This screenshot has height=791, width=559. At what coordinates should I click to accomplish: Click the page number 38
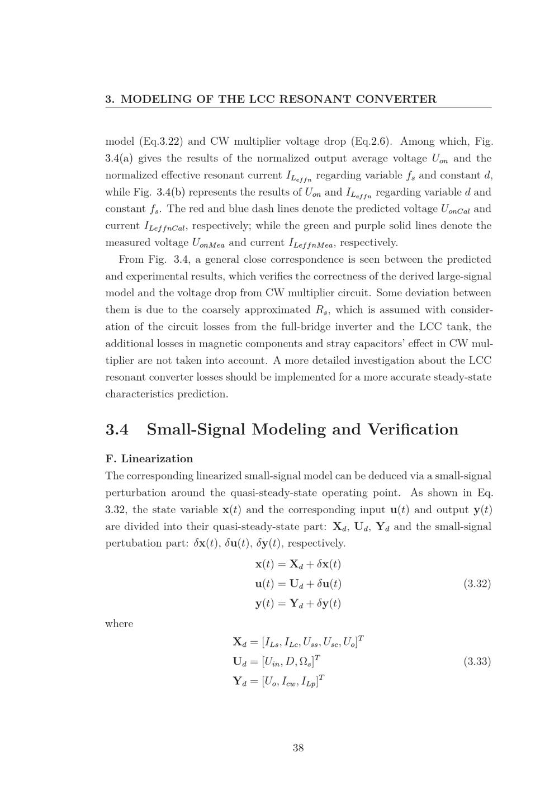point(298,748)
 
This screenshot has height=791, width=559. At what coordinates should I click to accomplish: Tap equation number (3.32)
point(477,584)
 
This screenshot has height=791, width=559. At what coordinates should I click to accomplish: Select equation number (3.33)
point(477,661)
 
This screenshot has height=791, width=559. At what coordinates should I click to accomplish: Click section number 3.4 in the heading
point(117,429)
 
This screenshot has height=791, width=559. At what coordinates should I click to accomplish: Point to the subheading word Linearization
point(157,459)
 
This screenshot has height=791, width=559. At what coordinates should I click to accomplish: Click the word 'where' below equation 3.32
point(119,624)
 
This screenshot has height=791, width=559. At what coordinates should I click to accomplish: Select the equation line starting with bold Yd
point(279,681)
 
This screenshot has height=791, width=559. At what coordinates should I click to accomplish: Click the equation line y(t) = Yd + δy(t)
point(298,604)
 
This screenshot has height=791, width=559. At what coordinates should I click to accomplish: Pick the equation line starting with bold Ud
point(277,661)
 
